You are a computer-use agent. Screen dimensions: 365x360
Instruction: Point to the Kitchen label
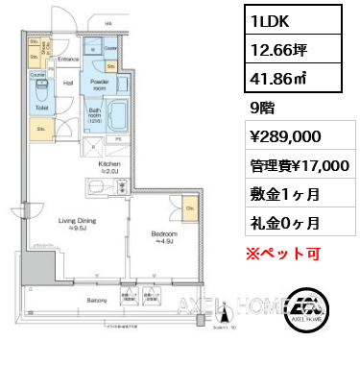click(108, 164)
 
